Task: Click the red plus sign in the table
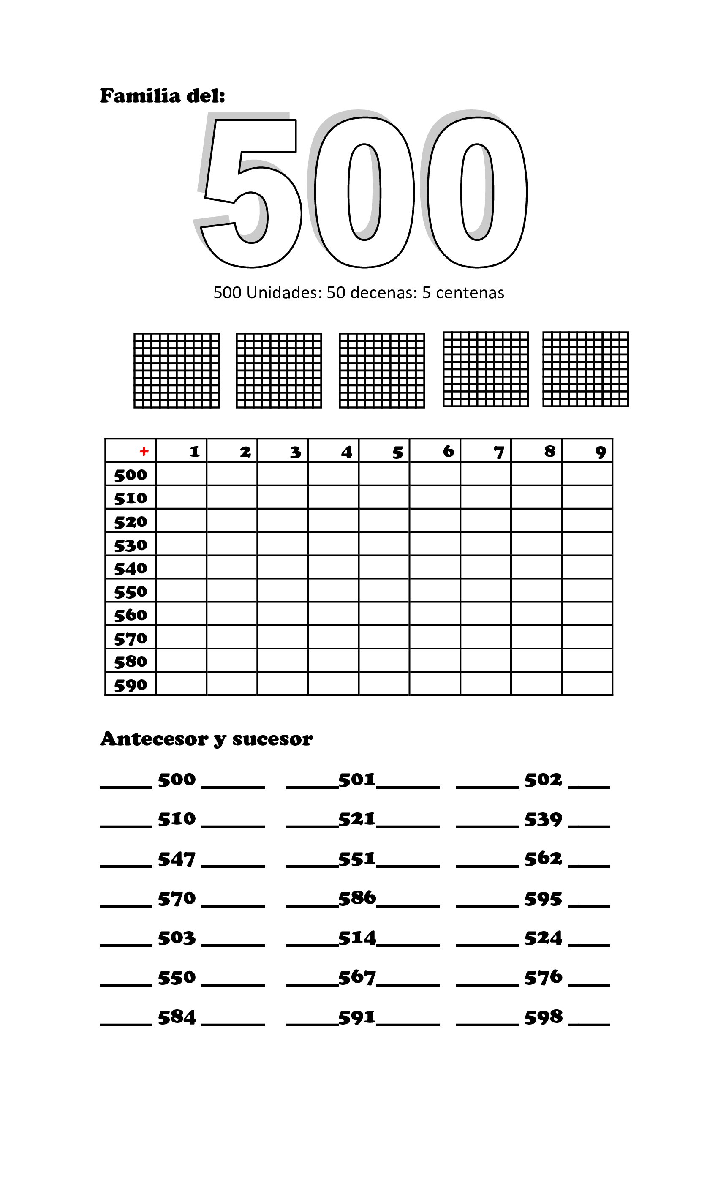144,451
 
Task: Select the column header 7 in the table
499,452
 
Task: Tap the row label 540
131,568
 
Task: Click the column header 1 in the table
194,451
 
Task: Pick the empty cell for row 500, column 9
587,474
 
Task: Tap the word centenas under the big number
469,292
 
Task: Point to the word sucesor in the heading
272,739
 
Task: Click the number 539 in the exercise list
543,820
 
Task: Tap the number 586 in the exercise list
357,898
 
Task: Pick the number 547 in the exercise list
177,859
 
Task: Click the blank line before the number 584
126,1024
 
